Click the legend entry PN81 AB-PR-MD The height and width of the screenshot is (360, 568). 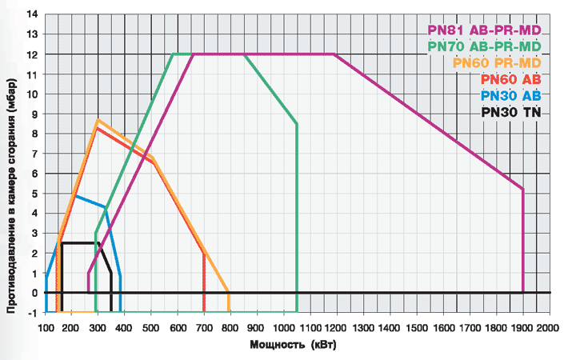pos(484,31)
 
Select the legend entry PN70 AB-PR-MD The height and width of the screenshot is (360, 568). pos(484,47)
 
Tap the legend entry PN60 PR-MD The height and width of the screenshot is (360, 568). pos(497,63)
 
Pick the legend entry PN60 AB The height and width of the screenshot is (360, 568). pos(511,79)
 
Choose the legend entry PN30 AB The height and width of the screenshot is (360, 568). pos(511,95)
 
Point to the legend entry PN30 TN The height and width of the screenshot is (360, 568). pos(511,112)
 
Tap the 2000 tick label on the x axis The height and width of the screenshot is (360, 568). pos(548,328)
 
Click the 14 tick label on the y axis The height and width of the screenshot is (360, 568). pos(33,14)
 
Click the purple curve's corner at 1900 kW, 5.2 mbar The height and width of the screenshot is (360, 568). pos(523,190)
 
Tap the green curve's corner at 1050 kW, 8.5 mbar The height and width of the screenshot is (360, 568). pos(297,124)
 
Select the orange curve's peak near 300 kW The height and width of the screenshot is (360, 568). pos(98,120)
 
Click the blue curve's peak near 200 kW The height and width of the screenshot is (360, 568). pos(76,195)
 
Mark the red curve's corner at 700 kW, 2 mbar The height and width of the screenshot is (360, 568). pos(204,253)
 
